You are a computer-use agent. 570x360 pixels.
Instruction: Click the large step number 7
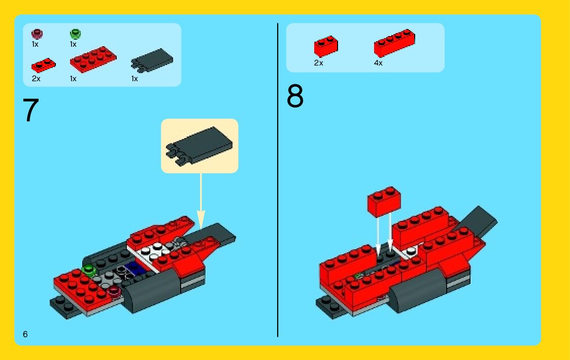tap(31, 110)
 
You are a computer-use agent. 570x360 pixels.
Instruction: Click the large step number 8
tap(295, 95)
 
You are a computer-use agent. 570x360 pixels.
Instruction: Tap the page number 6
tap(25, 334)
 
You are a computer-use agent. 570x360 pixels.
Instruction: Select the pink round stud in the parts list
tap(37, 34)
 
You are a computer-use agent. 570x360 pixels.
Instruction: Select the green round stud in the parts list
tap(75, 34)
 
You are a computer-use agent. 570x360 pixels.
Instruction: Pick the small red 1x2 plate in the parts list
tap(44, 66)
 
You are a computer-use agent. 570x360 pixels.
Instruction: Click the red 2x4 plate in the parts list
tap(93, 59)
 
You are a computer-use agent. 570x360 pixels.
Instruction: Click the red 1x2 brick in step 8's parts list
tap(326, 46)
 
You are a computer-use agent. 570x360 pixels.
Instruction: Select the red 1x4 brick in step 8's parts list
tap(394, 43)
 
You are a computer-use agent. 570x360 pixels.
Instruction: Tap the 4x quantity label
tap(378, 63)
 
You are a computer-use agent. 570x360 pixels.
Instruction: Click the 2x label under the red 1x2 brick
tap(318, 63)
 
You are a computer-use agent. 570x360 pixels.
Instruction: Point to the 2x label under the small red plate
tap(36, 79)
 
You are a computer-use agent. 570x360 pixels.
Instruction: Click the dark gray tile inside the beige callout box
tap(199, 146)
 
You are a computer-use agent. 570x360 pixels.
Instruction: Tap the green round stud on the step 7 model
tap(88, 271)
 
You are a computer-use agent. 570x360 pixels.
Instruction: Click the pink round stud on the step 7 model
tap(114, 290)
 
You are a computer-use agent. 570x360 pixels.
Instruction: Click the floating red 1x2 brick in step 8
tap(384, 202)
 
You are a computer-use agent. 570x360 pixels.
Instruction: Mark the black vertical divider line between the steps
tap(278, 180)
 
